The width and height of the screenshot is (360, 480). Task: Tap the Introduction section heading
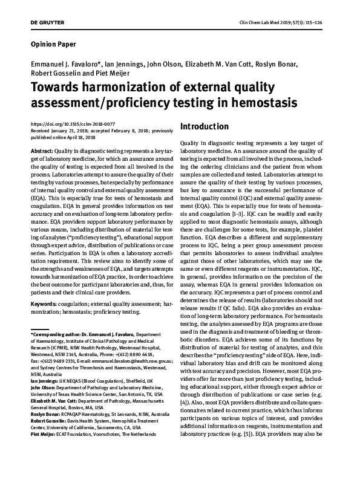point(204,127)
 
